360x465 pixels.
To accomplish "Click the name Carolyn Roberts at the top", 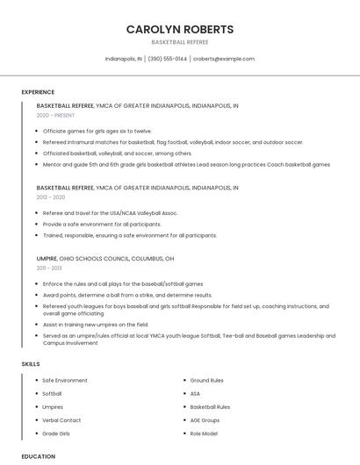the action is tap(180, 29).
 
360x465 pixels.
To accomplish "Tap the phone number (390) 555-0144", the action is tap(168, 59).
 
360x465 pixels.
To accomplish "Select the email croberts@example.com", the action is tap(224, 59).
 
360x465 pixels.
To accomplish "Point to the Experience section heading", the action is tap(38, 92).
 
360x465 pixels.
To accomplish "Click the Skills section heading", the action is tap(31, 363).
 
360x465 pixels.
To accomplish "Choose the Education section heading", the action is tap(39, 456).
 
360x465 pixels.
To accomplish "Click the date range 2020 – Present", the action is tap(55, 115).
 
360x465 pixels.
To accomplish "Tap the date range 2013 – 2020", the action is tap(51, 197).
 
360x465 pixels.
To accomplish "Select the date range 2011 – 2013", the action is tap(49, 268).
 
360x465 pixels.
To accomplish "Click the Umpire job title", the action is tap(47, 259).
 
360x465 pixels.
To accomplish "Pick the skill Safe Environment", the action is tap(65, 380).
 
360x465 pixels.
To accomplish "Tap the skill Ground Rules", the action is tap(206, 380).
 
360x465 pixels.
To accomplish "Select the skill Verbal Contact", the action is tap(61, 420).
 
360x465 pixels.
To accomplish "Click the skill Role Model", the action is tap(204, 433).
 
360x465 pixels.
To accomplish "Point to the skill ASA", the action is tap(195, 394).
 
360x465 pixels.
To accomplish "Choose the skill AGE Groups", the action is tap(206, 420).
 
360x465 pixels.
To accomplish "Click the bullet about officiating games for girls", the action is tap(97, 131).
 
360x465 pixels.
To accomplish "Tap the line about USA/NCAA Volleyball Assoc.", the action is tap(110, 213).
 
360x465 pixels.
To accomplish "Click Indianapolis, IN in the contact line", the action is tap(123, 59).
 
